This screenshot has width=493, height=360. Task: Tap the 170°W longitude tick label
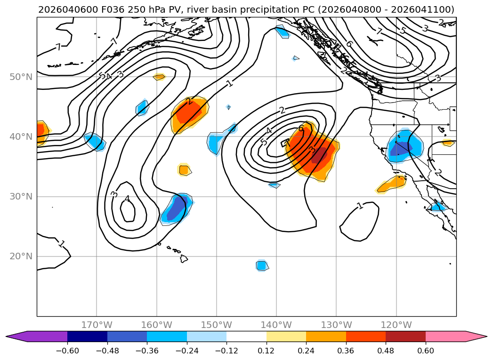coord(97,325)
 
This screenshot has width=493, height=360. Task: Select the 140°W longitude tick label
coord(276,325)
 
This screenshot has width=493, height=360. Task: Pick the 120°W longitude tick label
coord(396,325)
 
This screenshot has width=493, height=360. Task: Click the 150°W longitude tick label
coord(217,325)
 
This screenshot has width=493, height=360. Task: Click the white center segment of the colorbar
coord(246,336)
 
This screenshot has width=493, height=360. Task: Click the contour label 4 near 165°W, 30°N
coord(127,199)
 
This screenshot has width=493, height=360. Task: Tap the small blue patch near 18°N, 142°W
coord(262,265)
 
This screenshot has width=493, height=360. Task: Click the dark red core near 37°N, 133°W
coord(320,155)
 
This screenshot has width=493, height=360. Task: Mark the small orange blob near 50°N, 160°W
coord(159,77)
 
